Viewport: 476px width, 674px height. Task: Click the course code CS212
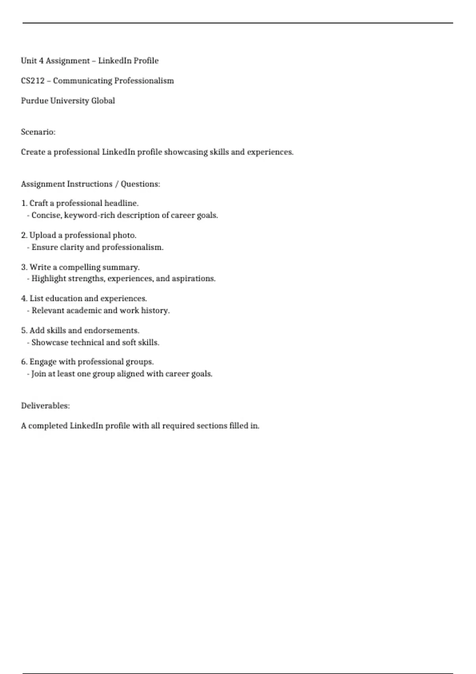pos(33,81)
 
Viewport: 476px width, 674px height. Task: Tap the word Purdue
pos(35,101)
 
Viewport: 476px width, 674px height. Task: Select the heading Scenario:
pos(38,132)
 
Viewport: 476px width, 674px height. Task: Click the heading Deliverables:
pos(45,406)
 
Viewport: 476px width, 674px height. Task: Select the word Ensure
pos(44,247)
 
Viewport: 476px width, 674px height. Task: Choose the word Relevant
pos(48,310)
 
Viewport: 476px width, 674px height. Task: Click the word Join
pos(38,374)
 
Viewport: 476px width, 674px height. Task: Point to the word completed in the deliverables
pos(48,426)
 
